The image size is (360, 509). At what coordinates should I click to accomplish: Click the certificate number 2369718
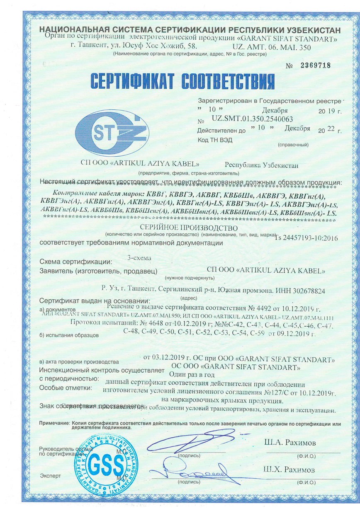click(312, 65)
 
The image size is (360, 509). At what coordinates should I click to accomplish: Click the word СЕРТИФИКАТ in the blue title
click(131, 80)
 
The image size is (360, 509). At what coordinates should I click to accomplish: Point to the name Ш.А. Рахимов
click(289, 443)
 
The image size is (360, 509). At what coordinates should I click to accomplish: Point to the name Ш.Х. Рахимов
click(289, 470)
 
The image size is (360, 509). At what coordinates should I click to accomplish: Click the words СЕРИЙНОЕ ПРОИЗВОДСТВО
click(189, 228)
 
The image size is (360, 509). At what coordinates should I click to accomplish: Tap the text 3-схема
click(139, 257)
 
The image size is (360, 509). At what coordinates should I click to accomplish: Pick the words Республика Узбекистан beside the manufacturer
click(261, 165)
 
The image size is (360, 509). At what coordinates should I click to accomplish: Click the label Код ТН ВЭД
click(215, 140)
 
